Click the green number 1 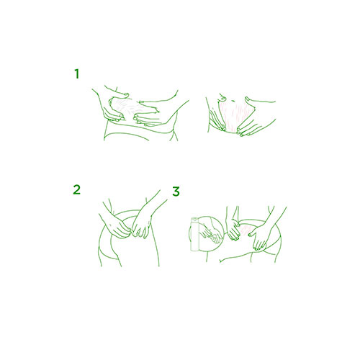click(77, 73)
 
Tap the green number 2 click(76, 189)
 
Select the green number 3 click(176, 192)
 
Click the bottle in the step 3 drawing click(194, 234)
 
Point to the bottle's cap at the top click(194, 219)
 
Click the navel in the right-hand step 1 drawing click(223, 98)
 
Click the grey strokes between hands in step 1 click(128, 107)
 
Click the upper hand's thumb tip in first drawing click(126, 94)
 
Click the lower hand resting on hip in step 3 click(258, 238)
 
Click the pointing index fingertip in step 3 click(250, 234)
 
